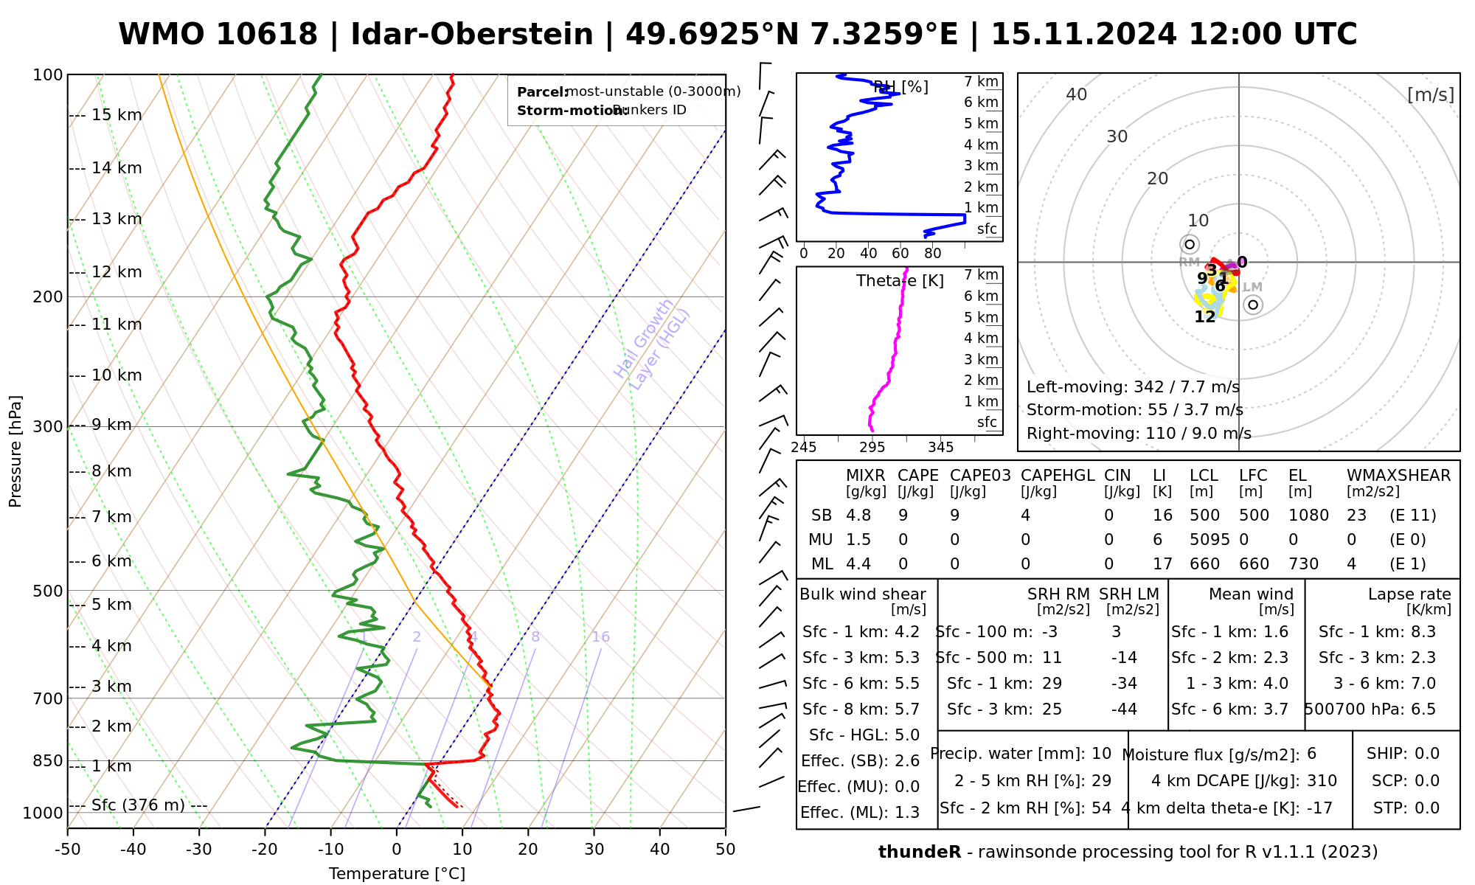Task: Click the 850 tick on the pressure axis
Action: [48, 760]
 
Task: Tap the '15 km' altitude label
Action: [117, 115]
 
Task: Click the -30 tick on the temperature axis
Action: [199, 850]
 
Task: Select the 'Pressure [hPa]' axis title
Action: [15, 451]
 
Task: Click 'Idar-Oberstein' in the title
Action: [472, 35]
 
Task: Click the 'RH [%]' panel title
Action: [900, 87]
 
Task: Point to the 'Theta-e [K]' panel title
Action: [900, 281]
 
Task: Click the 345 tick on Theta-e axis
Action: [940, 448]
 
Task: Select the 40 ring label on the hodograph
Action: [1077, 94]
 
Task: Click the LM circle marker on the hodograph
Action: [1253, 305]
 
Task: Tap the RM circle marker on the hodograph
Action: [1189, 244]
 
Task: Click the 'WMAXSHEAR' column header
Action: [1398, 476]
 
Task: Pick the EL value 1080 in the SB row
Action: [1308, 516]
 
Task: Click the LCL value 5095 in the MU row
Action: [1209, 540]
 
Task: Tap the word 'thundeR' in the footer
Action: [920, 853]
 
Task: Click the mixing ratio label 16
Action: [601, 637]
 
